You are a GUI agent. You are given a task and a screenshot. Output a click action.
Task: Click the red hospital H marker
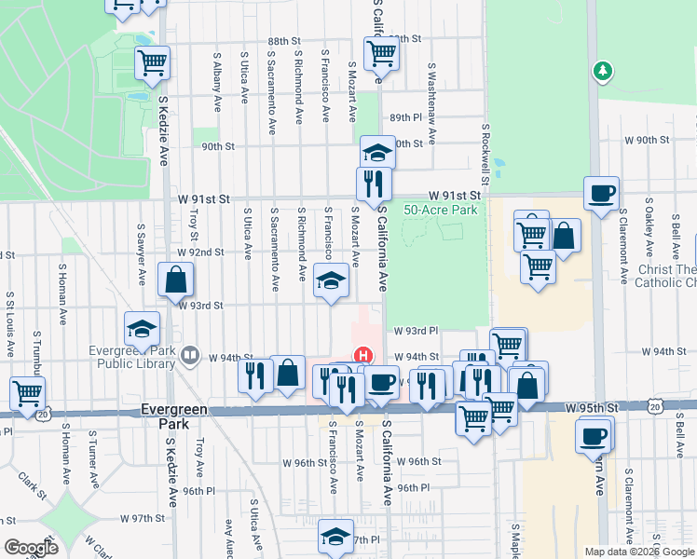tap(363, 356)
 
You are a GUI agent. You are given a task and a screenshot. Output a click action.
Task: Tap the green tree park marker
tap(603, 71)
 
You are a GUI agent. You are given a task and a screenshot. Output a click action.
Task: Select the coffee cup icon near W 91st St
tap(602, 193)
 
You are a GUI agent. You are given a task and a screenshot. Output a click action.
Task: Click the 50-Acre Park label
tap(440, 211)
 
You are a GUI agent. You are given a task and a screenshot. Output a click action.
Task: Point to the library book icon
tap(191, 354)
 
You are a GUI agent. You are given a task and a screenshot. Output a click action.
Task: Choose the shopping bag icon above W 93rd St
tap(175, 279)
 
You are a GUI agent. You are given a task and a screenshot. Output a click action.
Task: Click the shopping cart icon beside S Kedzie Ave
tap(152, 63)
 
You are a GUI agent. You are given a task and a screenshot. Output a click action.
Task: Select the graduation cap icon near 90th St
tap(377, 152)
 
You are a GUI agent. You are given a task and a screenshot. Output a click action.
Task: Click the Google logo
tap(31, 548)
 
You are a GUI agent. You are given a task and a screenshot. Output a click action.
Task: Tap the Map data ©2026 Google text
tap(638, 552)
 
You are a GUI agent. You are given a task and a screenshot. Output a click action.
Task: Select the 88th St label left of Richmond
tap(285, 42)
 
